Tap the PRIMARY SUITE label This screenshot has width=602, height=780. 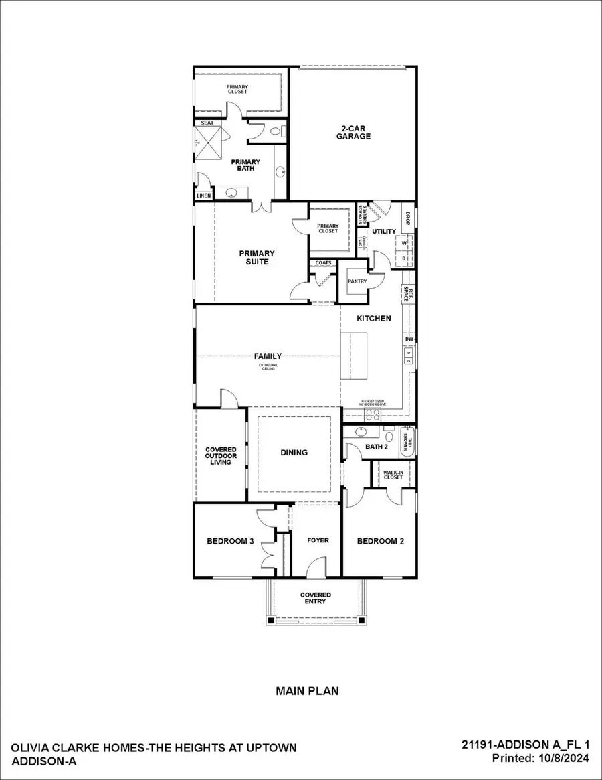(256, 258)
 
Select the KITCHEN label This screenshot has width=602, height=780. (373, 318)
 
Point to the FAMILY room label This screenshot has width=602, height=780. (268, 356)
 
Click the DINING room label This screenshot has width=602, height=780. (294, 453)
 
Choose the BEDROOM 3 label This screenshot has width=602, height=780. (229, 541)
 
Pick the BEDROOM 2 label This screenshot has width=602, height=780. (380, 541)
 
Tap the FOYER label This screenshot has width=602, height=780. (318, 540)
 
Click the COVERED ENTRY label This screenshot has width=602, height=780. (315, 598)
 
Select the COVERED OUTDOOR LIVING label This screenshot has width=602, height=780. (219, 456)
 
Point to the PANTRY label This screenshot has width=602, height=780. (357, 281)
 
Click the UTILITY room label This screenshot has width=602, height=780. (384, 232)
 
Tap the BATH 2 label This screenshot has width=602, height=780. (377, 447)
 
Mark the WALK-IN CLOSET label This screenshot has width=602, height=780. (393, 475)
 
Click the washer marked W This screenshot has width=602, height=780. (405, 243)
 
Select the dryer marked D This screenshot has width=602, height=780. (405, 258)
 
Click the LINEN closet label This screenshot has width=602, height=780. (204, 196)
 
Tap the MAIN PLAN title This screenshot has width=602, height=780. (307, 691)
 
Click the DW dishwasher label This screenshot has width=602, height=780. (409, 339)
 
